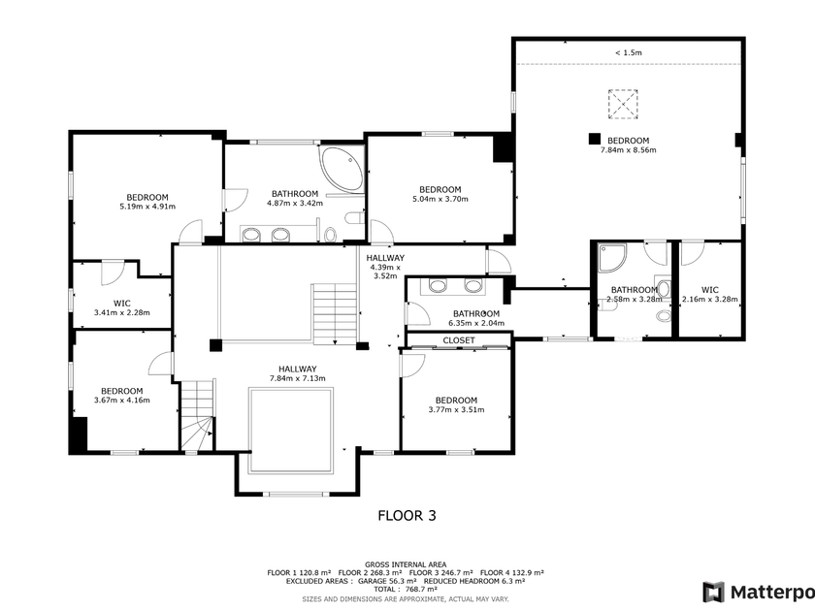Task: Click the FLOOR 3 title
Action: tap(407, 515)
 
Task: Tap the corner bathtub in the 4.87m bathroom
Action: tap(342, 170)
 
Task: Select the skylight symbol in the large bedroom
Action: tap(623, 104)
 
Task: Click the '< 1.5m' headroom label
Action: tap(629, 52)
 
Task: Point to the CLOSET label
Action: tap(459, 340)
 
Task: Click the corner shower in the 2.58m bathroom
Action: tap(612, 258)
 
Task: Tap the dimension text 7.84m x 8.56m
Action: tap(629, 150)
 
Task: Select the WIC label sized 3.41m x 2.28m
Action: tap(122, 304)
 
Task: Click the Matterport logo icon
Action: tap(713, 593)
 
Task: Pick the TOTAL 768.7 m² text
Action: tap(406, 590)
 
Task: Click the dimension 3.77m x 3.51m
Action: tap(456, 410)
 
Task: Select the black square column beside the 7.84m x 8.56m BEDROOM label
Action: tap(595, 139)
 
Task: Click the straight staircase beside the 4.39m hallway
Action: tap(335, 313)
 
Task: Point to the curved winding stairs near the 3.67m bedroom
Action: tap(197, 416)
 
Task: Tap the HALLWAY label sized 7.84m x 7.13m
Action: tap(297, 370)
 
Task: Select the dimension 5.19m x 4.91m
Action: tap(147, 207)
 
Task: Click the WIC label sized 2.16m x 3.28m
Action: tap(710, 290)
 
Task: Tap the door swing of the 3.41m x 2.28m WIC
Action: tap(113, 273)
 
